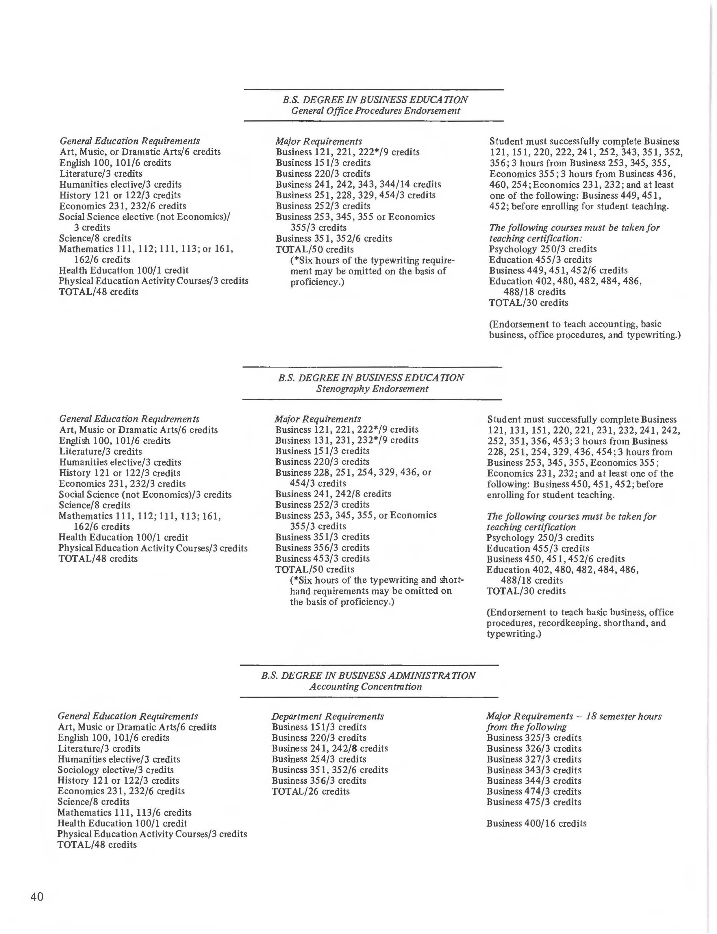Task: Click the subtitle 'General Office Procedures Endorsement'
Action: tap(376, 111)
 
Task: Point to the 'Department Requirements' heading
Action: tap(327, 716)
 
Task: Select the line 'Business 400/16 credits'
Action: tap(536, 823)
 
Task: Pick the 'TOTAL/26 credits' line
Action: tap(310, 791)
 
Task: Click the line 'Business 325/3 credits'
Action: tap(533, 738)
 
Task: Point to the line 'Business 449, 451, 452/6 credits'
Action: tap(558, 270)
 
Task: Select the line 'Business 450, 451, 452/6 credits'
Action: tap(555, 559)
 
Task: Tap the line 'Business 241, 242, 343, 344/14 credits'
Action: tap(358, 184)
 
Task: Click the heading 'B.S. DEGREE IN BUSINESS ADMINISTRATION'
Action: tap(368, 675)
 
